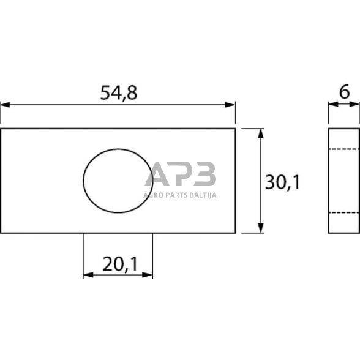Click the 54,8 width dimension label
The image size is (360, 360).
point(119,93)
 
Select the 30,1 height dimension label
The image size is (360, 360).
point(282,182)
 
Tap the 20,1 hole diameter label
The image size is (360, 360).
point(120,264)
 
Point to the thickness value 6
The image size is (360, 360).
point(344,92)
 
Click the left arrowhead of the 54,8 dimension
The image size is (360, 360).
point(5,105)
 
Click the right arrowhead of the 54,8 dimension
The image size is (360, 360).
point(230,105)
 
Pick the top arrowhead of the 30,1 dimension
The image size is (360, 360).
point(260,133)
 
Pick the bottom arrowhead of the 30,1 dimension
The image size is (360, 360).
point(260,228)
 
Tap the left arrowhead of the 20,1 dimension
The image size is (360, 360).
point(88,275)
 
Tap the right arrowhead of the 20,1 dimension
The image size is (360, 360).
point(148,275)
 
